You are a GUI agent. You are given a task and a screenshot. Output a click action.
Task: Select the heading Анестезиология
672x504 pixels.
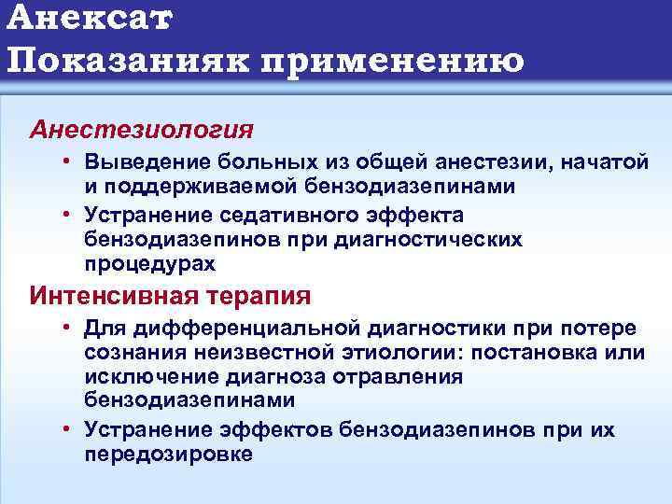(x=141, y=127)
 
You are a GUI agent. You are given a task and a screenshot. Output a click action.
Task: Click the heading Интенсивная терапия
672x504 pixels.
(x=170, y=297)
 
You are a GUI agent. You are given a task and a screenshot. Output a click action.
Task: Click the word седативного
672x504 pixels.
(x=273, y=216)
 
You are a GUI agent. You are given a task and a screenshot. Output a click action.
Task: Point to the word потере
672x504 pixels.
(x=600, y=329)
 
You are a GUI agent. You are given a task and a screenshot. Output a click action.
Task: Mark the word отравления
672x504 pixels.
(x=405, y=376)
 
